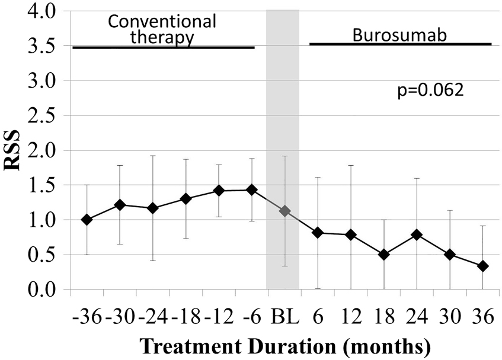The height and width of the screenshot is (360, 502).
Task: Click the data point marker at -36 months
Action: [x=87, y=220]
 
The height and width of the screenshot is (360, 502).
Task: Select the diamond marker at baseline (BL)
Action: [x=285, y=211]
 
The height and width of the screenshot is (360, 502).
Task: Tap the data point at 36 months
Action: [x=482, y=266]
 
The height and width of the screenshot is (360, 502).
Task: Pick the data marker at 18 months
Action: [x=384, y=255]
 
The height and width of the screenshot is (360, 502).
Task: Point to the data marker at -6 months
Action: [x=252, y=189]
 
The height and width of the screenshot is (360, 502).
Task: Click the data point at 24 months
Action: [x=417, y=234]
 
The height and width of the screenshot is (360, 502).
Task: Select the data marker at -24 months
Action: [x=153, y=208]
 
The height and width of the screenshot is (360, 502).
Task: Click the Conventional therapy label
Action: [x=162, y=30]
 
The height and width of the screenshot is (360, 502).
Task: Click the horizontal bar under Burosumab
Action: [x=400, y=44]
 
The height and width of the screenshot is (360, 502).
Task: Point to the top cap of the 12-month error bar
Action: [x=351, y=166]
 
